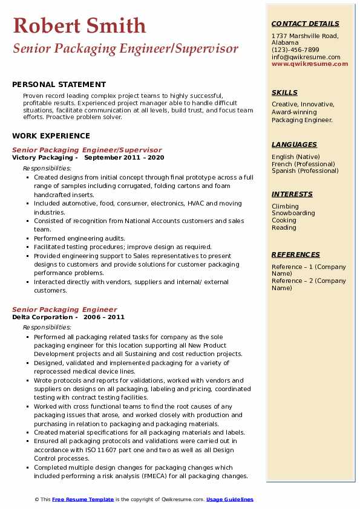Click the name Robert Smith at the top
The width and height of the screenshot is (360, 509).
[79, 25]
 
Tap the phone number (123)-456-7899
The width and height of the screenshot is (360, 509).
[295, 50]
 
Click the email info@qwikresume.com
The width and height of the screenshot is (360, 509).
[306, 57]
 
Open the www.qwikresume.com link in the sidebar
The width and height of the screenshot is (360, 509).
[306, 63]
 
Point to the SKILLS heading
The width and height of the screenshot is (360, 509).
[284, 92]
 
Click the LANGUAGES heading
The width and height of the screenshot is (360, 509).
[294, 144]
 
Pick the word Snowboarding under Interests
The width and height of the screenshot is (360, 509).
[293, 213]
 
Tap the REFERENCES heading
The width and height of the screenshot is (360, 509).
[296, 254]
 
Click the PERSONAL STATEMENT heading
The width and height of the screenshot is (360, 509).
[59, 85]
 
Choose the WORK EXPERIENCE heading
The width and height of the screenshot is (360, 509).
[51, 136]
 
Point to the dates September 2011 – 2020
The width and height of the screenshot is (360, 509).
[124, 157]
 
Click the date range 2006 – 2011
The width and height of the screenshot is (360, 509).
[104, 317]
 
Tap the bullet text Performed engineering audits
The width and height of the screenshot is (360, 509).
[79, 238]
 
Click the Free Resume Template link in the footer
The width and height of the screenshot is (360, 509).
[82, 499]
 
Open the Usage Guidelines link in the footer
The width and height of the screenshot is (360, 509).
[230, 499]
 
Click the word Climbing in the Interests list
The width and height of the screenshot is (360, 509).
[285, 206]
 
